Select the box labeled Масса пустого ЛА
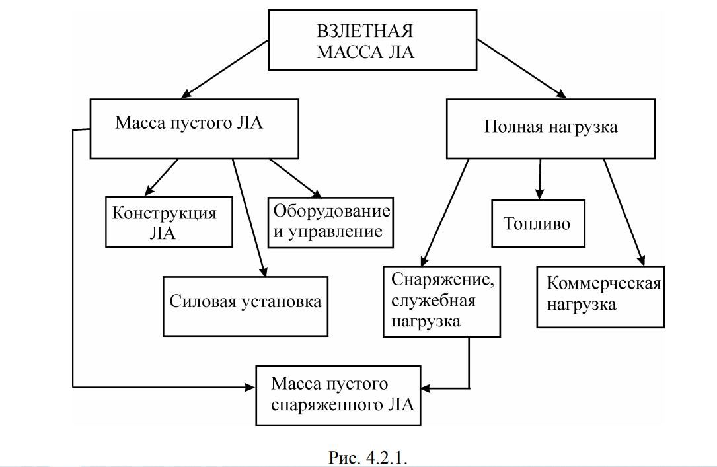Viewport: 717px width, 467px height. point(189,128)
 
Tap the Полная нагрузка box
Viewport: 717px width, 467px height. point(550,128)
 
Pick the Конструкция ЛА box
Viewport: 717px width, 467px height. point(169,222)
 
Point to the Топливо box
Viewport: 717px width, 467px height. point(537,223)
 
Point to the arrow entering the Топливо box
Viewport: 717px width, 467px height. point(540,179)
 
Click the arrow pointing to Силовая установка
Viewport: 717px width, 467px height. point(249,218)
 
